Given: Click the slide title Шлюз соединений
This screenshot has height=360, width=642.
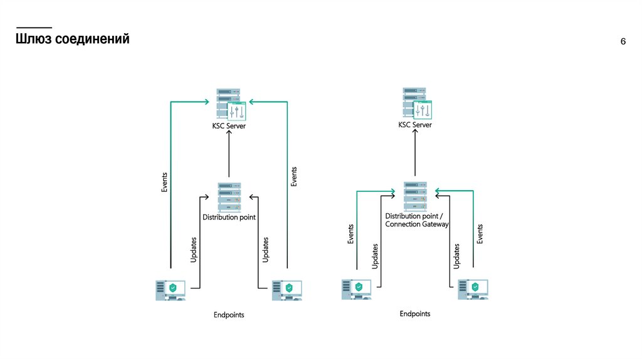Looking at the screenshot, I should point(73,40).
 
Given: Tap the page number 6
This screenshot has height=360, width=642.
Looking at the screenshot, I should point(623,42).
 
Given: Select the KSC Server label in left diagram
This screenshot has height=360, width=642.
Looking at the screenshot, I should point(229,126).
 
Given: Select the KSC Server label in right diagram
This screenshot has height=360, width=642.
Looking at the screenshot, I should point(415,125).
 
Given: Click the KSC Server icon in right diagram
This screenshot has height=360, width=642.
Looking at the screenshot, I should point(414,102).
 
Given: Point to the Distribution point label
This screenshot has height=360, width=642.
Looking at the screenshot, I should point(229,218).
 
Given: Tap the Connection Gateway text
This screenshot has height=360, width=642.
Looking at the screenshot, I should point(417,224).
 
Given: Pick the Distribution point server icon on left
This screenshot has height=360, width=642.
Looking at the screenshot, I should point(229,197).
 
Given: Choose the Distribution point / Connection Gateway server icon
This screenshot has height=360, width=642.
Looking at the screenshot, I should point(415,196).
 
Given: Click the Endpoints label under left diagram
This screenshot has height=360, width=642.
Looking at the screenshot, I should point(229,315).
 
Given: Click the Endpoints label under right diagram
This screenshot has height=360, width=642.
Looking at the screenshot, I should point(415,314).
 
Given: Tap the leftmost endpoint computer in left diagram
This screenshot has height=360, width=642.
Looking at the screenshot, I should point(170,290).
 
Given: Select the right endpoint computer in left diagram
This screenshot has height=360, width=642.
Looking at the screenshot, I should point(287,290).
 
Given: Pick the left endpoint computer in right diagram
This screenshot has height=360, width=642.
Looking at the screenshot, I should point(356,289).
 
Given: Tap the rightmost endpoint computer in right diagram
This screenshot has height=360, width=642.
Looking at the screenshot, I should point(473,289).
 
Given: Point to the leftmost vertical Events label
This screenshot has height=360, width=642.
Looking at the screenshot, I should point(164,182).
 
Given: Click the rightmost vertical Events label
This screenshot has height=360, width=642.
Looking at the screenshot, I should point(480,234).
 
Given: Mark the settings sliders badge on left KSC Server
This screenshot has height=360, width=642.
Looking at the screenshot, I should point(237,112).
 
